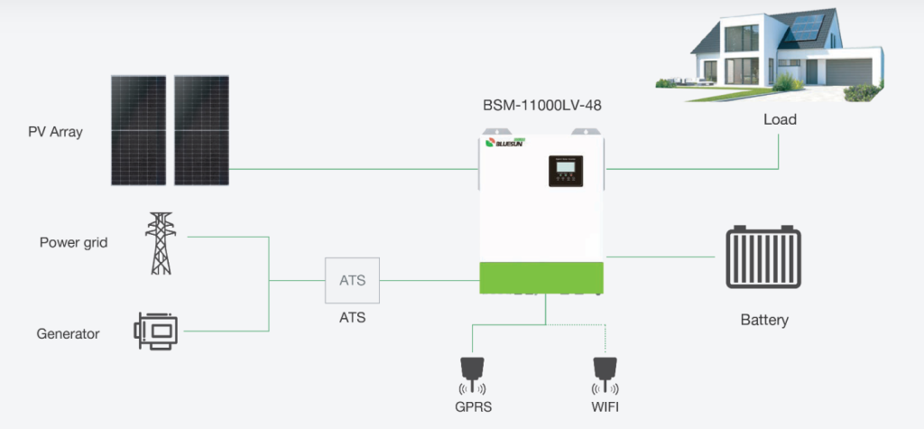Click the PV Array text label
click(x=55, y=132)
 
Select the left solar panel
click(x=139, y=130)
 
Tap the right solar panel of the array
click(x=201, y=130)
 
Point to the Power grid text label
click(x=74, y=243)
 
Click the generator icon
click(x=155, y=331)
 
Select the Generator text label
click(x=68, y=333)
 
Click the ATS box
click(x=352, y=280)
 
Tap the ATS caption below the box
click(x=352, y=318)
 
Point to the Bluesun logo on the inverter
click(x=511, y=143)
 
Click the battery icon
click(x=763, y=257)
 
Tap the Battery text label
click(x=764, y=320)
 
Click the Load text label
click(x=780, y=119)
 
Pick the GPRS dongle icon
click(x=471, y=368)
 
